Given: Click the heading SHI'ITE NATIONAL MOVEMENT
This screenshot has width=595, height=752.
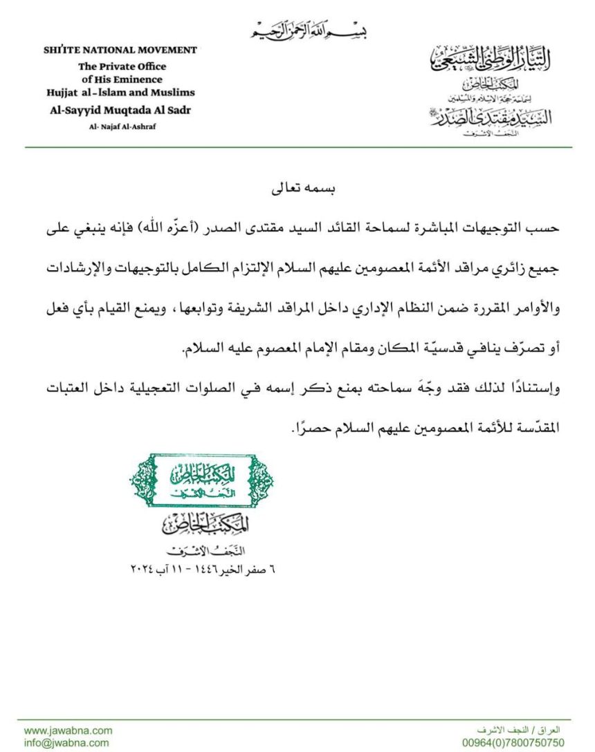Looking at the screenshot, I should click(120, 50).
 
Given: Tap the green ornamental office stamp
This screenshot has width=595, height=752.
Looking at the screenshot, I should click(201, 480).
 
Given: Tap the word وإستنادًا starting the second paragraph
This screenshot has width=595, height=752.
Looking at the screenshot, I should click(535, 390).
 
